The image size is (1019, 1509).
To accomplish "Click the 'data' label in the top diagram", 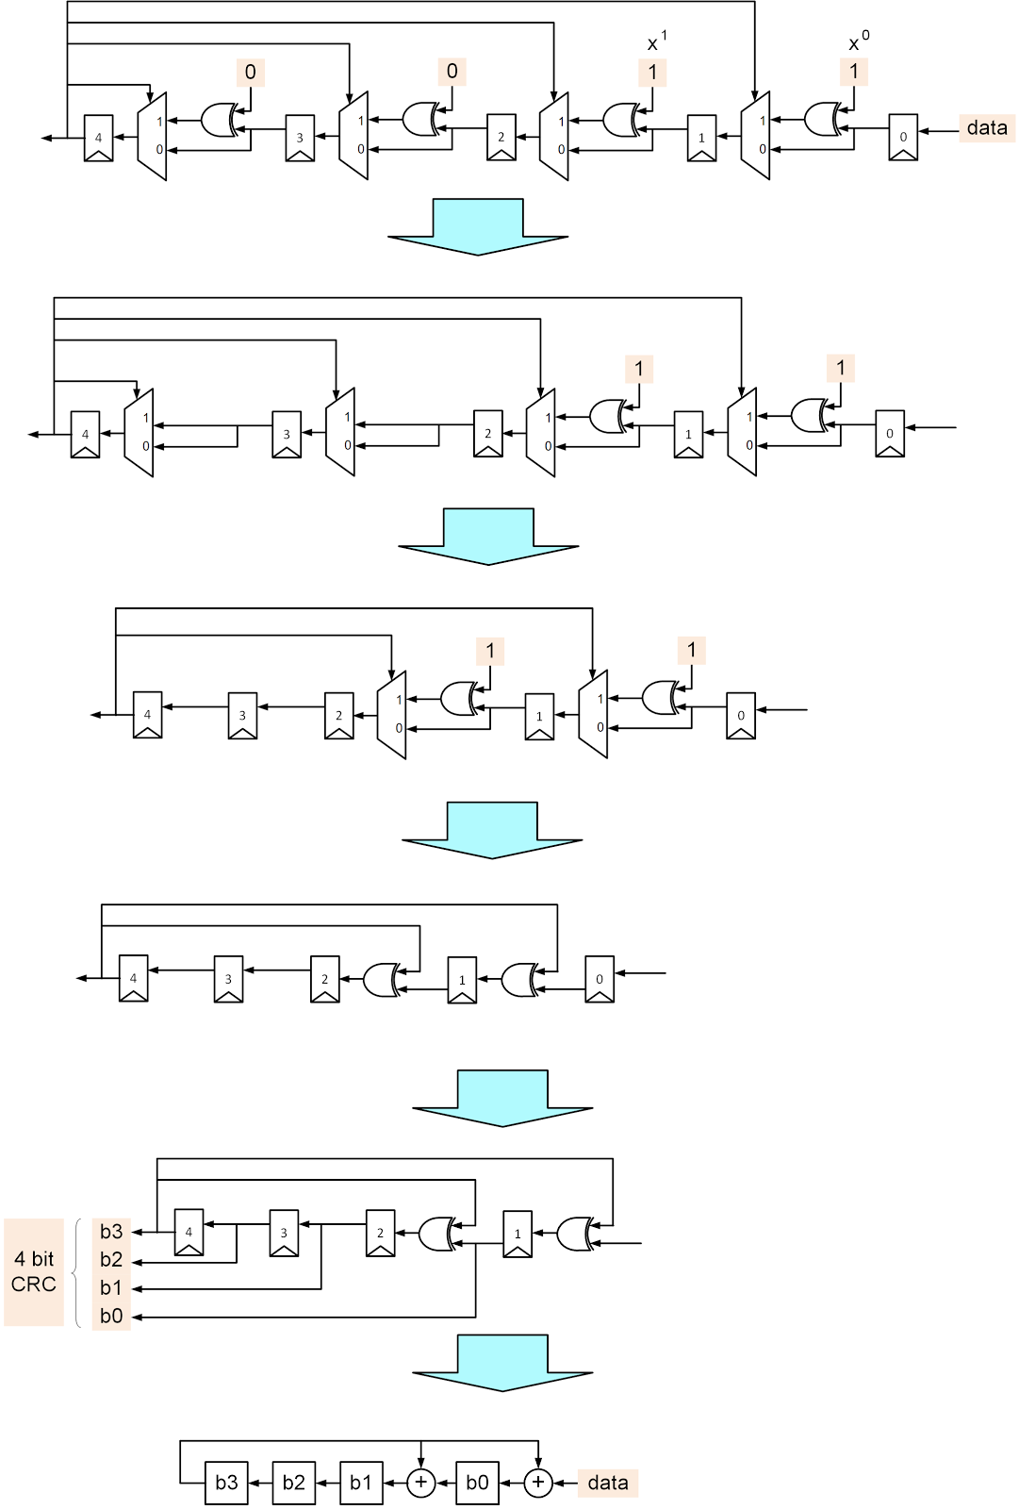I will [x=987, y=128].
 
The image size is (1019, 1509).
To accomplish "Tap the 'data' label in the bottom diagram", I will [x=607, y=1483].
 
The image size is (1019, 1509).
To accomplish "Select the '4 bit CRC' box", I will [x=34, y=1271].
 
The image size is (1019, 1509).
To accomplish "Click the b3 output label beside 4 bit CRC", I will [x=111, y=1232].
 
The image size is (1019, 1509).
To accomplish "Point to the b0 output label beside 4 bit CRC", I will [x=111, y=1316].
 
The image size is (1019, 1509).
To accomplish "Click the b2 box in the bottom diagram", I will [x=293, y=1483].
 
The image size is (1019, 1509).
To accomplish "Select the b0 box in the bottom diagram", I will [x=477, y=1483].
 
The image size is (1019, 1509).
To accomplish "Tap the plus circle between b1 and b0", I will [x=420, y=1483].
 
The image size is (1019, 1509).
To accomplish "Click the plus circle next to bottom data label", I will [x=538, y=1483].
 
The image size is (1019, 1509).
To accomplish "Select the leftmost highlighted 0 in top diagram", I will [x=250, y=73].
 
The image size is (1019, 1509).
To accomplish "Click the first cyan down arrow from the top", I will [x=478, y=226].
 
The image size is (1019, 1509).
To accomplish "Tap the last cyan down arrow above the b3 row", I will [x=501, y=1363].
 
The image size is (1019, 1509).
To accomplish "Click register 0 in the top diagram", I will [x=903, y=138].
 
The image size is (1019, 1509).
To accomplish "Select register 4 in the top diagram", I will [x=98, y=138].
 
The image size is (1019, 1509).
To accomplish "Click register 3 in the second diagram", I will [x=287, y=435].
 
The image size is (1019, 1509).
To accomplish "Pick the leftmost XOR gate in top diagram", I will [x=220, y=120].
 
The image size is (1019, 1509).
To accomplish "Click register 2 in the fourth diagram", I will [x=324, y=979].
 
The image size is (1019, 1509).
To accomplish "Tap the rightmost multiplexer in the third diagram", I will [x=593, y=714].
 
